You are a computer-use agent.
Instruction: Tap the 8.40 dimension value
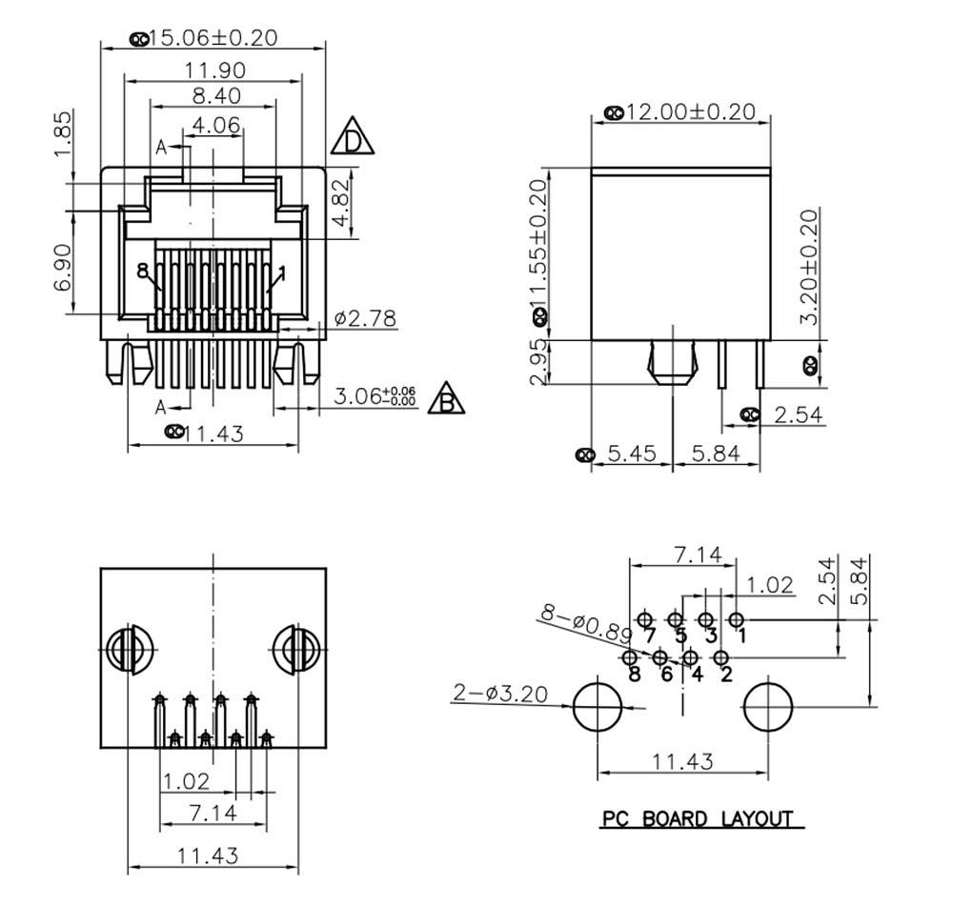[215, 95]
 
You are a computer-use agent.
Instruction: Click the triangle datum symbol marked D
[353, 138]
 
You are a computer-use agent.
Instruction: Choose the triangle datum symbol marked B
[446, 398]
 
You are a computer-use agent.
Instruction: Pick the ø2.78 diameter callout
[365, 318]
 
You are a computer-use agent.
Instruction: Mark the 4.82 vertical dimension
[340, 202]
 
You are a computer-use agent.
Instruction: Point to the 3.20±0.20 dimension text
[809, 267]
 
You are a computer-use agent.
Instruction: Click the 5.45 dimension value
[631, 453]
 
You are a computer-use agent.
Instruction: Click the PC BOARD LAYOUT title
[697, 818]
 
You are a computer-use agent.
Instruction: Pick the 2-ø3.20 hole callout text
[501, 693]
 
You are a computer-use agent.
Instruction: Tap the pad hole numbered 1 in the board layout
[736, 620]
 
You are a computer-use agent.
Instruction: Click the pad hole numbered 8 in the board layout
[629, 657]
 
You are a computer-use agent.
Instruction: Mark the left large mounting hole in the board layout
[598, 707]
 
